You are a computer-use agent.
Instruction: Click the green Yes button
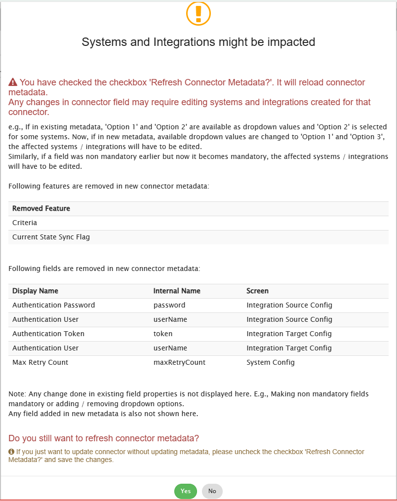[x=186, y=491]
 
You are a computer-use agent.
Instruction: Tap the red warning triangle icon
[x=13, y=82]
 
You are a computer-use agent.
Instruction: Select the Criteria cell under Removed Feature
[x=25, y=223]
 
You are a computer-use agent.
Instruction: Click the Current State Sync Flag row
[x=51, y=237]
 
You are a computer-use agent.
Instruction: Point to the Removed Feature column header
[x=41, y=208]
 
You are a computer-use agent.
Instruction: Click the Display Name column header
[x=35, y=291]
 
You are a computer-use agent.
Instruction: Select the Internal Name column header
[x=177, y=291]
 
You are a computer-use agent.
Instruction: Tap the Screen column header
[x=257, y=291]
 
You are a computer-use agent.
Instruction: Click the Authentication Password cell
[x=53, y=305]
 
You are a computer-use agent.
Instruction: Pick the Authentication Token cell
[x=48, y=334]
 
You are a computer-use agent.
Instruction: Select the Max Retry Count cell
[x=40, y=362]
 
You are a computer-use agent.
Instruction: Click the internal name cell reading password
[x=169, y=305]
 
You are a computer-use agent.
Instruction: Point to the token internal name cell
[x=162, y=334]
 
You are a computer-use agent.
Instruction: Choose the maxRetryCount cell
[x=179, y=362]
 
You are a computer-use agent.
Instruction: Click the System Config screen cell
[x=271, y=362]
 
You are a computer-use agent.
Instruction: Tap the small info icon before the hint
[x=11, y=452]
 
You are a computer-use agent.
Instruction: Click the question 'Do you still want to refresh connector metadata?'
[x=104, y=438]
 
